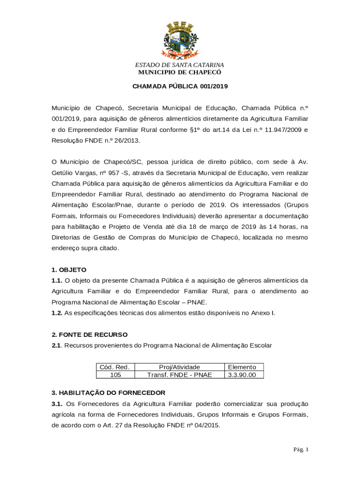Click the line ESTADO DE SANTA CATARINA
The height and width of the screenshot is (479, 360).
(180, 65)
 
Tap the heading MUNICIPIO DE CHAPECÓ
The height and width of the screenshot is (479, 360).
(180, 73)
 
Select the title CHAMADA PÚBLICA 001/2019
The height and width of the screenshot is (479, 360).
(180, 87)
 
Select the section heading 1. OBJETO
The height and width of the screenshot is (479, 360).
(69, 270)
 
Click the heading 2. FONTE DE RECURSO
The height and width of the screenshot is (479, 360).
(89, 335)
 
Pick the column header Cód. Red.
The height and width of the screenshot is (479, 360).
(115, 367)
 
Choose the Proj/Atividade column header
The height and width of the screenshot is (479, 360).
(179, 367)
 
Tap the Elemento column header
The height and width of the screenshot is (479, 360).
(242, 367)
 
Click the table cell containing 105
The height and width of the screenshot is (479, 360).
(115, 375)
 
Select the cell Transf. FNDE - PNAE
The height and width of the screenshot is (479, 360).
(179, 375)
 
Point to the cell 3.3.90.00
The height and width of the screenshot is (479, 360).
(242, 375)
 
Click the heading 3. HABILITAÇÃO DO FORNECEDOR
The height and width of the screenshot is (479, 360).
(108, 392)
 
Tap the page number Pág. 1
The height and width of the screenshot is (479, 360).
(301, 450)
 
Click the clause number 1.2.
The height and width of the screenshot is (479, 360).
(57, 313)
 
